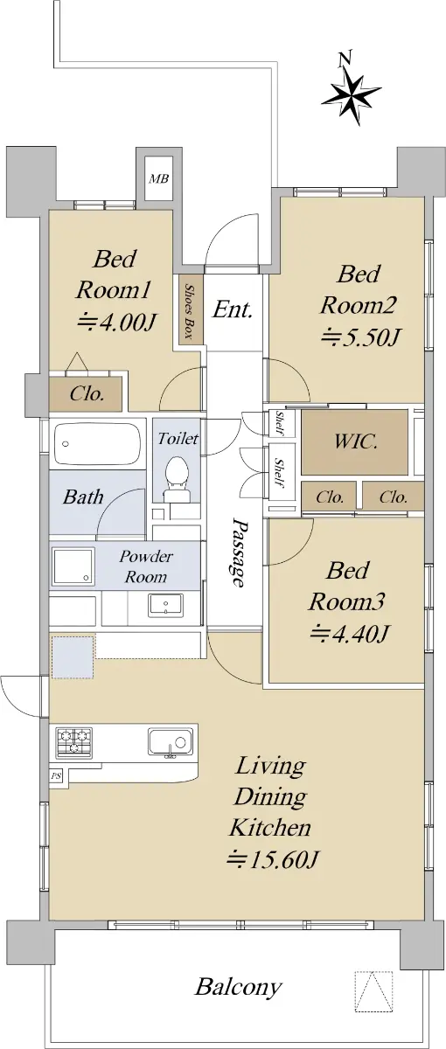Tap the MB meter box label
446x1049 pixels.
tap(158, 178)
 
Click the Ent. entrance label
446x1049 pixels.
tap(233, 309)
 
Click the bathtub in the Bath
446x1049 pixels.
tap(97, 444)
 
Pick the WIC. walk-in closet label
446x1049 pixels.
tap(355, 441)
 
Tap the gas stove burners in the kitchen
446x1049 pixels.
tap(74, 742)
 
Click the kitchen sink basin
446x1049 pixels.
tap(171, 741)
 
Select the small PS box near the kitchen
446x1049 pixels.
tap(56, 776)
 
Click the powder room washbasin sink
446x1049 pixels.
tap(166, 605)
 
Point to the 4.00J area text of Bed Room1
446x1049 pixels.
tap(116, 322)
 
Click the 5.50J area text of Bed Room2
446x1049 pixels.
tap(359, 337)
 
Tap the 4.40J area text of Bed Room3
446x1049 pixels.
tap(349, 633)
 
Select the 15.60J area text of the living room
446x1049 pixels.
tap(273, 858)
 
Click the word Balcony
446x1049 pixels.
tap(238, 987)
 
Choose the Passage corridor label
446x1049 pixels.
tap(239, 552)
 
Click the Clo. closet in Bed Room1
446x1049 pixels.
tap(87, 394)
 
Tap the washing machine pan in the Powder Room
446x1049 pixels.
tap(73, 566)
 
